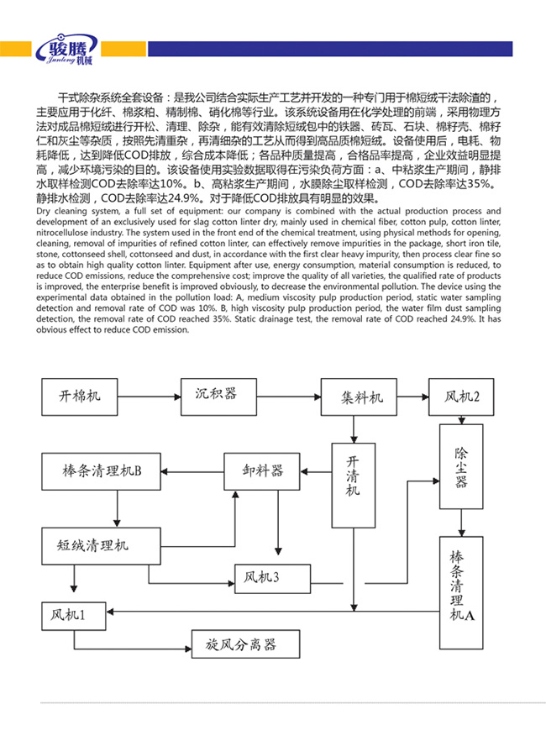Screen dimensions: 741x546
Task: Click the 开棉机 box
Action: tap(81, 393)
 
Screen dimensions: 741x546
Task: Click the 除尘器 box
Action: tap(461, 469)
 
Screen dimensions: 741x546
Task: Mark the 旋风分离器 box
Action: tap(241, 645)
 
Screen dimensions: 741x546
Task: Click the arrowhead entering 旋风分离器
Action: tap(186, 648)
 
